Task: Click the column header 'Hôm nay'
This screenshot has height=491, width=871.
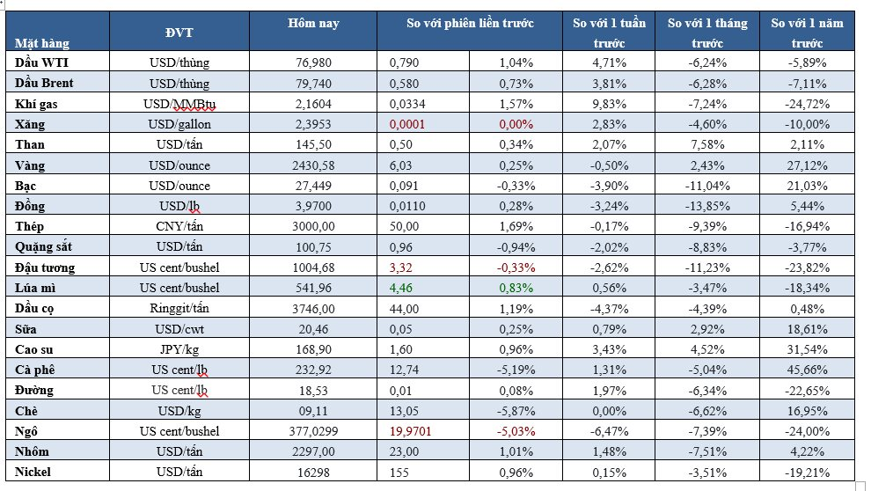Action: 313,24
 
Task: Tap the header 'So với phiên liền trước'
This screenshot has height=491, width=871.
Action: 471,24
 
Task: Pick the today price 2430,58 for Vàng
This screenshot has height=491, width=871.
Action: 313,165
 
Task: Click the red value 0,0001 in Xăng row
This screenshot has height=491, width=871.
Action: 407,124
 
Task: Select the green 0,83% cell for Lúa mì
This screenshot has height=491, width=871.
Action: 516,288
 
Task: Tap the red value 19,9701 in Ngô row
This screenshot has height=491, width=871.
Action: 413,431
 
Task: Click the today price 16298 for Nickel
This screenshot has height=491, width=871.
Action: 313,472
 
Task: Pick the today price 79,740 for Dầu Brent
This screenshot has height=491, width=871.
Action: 313,84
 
